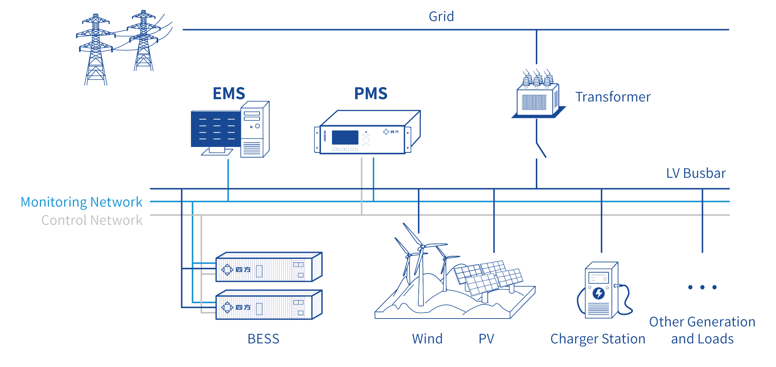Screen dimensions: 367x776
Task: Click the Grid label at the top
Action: (441, 17)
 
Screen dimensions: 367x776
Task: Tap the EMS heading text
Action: (229, 93)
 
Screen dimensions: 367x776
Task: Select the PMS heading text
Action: (371, 93)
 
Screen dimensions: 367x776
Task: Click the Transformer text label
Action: (613, 97)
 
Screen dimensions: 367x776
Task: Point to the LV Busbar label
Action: (696, 173)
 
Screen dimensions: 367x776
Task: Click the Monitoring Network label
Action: (81, 202)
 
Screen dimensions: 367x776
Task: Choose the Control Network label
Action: (91, 220)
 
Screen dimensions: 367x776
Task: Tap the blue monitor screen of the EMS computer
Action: (216, 129)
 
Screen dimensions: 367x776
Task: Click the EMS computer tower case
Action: (254, 129)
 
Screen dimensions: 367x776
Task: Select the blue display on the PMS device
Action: (345, 137)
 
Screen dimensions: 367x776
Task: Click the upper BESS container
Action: (268, 267)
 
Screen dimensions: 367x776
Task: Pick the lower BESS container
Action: (268, 305)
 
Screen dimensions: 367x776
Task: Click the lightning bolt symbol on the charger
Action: (599, 293)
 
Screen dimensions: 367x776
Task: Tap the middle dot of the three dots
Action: (702, 287)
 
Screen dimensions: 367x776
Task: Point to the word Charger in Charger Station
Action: (575, 339)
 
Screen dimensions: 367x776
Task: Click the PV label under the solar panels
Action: (486, 339)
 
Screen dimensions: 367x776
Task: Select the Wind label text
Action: (427, 339)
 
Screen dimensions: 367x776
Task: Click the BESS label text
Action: (263, 339)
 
